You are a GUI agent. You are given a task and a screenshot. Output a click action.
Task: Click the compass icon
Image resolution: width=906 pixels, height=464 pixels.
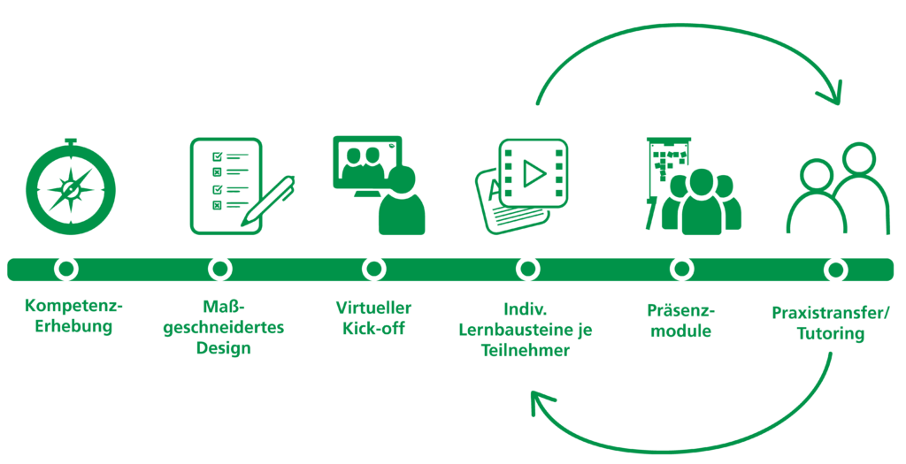point(71,187)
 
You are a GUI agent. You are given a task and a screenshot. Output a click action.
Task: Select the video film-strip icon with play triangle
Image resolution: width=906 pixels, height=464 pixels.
point(534,173)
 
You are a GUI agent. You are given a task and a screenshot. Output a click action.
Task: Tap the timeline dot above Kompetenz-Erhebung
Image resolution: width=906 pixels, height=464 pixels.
point(66,269)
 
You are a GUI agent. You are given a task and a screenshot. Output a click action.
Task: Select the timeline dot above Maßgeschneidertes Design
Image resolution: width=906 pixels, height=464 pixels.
point(220,269)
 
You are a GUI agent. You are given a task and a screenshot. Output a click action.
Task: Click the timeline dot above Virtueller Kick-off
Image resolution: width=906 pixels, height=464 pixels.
point(374,269)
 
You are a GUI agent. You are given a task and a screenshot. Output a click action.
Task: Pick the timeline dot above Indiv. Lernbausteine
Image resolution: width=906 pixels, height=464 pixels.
point(527,269)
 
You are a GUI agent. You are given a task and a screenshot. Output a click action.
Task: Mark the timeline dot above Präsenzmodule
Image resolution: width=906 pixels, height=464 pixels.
point(682,269)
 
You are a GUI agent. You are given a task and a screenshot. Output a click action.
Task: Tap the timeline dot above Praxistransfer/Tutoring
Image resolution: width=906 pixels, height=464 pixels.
point(835,269)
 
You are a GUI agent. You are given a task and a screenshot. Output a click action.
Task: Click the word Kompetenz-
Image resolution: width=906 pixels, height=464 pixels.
point(74,306)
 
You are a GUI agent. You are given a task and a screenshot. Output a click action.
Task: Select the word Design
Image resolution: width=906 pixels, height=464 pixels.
point(223,348)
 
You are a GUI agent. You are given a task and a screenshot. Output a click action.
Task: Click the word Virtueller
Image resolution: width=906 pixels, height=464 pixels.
point(374,308)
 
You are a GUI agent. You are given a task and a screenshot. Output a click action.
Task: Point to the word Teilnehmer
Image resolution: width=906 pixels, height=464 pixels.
point(526,350)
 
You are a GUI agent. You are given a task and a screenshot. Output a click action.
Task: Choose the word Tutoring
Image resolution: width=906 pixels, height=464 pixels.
point(830,333)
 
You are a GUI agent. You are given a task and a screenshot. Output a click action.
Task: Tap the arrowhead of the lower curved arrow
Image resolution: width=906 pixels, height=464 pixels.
point(541,401)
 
